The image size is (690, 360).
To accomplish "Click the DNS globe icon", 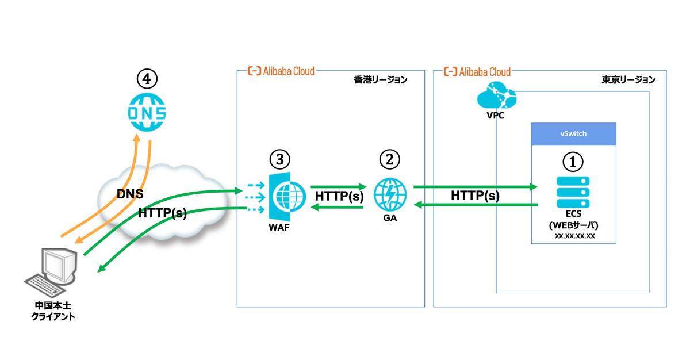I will (x=146, y=112).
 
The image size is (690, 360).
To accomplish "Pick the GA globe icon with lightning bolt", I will (x=390, y=194).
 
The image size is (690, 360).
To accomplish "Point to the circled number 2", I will (x=389, y=159).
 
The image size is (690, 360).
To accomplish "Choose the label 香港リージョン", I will (x=380, y=80).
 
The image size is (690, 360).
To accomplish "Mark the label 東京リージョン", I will (x=624, y=80).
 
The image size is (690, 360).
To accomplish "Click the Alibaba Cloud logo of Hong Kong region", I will (x=281, y=71).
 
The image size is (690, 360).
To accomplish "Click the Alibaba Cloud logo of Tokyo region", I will (x=477, y=71).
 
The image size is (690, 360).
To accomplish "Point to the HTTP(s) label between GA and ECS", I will (x=475, y=196).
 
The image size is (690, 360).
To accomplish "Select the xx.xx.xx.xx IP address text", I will (x=574, y=236).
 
